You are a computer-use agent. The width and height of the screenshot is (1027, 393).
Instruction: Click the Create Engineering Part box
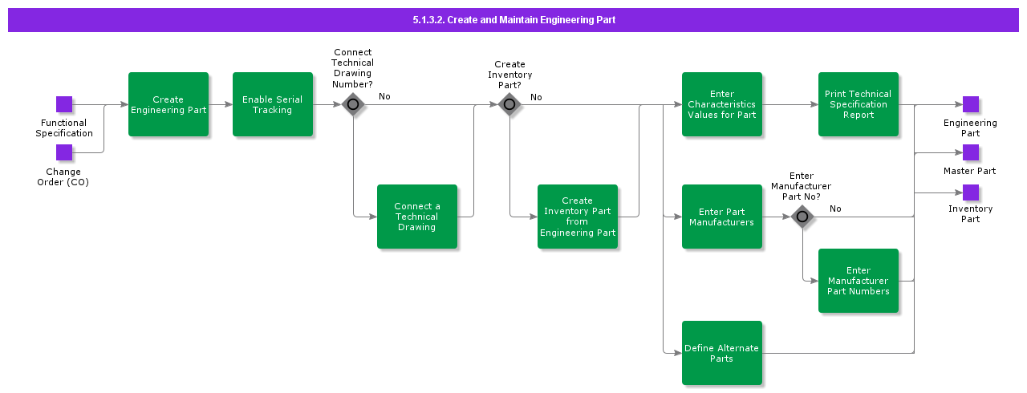[x=168, y=104]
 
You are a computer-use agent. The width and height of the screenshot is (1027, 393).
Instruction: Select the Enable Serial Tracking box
[x=273, y=104]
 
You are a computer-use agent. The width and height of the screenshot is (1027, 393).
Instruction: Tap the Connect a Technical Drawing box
[x=417, y=217]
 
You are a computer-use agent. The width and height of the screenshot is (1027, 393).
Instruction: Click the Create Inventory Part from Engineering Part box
[x=578, y=217]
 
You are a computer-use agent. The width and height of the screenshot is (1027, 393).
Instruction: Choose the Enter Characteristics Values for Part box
[x=722, y=104]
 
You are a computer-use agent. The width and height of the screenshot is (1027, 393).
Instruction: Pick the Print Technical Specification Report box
[x=859, y=104]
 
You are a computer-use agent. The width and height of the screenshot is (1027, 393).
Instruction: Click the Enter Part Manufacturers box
[x=722, y=217]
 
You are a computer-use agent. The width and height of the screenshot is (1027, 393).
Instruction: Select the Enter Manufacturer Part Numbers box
[x=859, y=281]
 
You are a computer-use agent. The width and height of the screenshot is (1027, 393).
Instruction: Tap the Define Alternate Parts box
[x=722, y=353]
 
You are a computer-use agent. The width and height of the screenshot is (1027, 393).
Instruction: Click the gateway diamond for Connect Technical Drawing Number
[x=352, y=104]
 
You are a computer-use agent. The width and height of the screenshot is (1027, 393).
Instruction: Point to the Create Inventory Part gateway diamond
[x=509, y=104]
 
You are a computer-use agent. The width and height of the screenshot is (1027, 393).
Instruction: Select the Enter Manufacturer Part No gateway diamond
[x=802, y=217]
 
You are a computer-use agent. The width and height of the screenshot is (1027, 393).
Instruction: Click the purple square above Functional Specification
[x=64, y=104]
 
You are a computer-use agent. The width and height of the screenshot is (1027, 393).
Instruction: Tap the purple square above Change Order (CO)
[x=64, y=152]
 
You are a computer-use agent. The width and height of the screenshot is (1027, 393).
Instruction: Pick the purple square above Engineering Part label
[x=971, y=104]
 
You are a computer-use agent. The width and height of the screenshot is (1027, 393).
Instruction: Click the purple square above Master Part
[x=971, y=152]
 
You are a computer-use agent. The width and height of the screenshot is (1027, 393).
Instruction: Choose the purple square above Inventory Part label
[x=971, y=192]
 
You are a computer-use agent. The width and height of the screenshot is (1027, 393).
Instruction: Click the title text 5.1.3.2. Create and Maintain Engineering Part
[x=513, y=20]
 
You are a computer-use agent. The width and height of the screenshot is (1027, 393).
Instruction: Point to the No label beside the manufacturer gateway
[x=835, y=209]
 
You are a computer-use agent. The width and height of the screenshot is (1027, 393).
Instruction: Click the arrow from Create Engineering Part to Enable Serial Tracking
[x=221, y=104]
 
